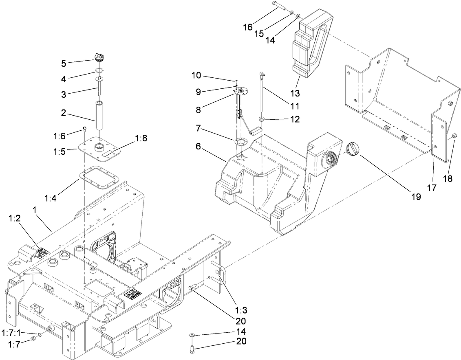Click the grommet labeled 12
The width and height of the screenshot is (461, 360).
[262, 120]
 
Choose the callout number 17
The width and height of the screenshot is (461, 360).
[432, 188]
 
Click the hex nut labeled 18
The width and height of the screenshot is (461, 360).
[455, 136]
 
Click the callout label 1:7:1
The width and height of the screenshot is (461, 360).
[11, 332]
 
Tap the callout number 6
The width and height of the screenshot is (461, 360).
[198, 147]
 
